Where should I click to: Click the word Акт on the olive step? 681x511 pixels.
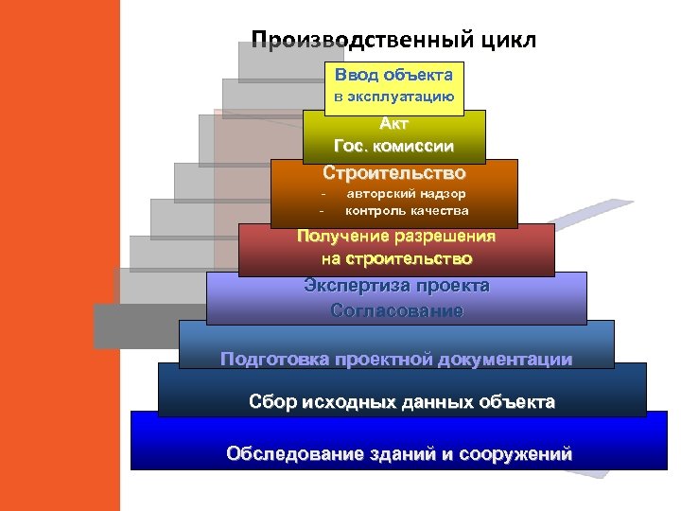coord(393,123)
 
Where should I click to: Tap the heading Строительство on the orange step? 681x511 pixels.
coord(393,172)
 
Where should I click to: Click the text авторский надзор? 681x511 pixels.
coord(406,194)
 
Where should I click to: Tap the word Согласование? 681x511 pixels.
coord(396,310)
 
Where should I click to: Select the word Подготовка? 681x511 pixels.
coord(267,359)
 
